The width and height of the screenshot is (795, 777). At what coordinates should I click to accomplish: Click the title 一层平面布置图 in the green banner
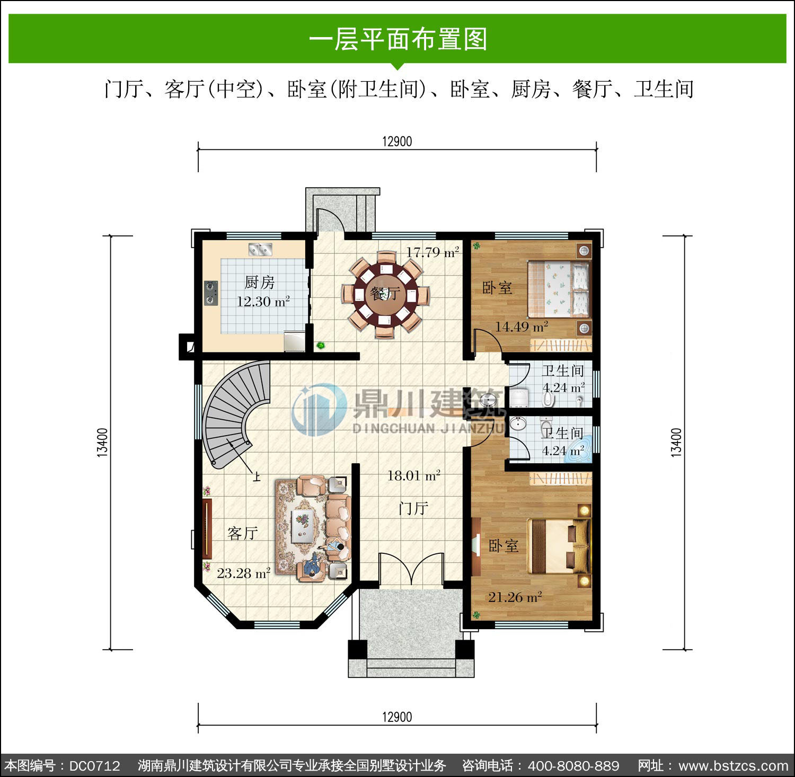pos(397,39)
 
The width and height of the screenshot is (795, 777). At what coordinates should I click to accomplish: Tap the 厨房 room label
pos(260,282)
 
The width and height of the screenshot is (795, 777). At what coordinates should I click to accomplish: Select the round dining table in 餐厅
pos(385,294)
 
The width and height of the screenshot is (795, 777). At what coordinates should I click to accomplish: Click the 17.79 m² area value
pos(432,252)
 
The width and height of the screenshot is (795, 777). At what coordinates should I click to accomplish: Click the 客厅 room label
pos(243,533)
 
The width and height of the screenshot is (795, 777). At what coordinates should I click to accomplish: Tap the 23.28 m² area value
pos(244,573)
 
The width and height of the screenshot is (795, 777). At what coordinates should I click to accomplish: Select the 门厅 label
pos(413,508)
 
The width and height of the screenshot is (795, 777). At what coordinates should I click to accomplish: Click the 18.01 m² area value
pos(414,476)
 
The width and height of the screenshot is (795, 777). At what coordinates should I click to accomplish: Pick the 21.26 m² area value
pos(515,597)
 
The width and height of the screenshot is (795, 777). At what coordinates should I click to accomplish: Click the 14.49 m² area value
pos(522,326)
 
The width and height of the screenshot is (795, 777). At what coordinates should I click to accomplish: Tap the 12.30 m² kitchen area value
pos(263,302)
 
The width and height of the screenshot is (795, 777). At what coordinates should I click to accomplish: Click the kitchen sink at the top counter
pos(260,248)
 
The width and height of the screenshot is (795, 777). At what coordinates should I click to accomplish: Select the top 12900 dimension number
pos(397,142)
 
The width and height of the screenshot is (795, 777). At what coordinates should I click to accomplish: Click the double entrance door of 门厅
pos(411,570)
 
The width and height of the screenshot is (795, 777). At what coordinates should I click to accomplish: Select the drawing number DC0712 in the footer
pos(95,766)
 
